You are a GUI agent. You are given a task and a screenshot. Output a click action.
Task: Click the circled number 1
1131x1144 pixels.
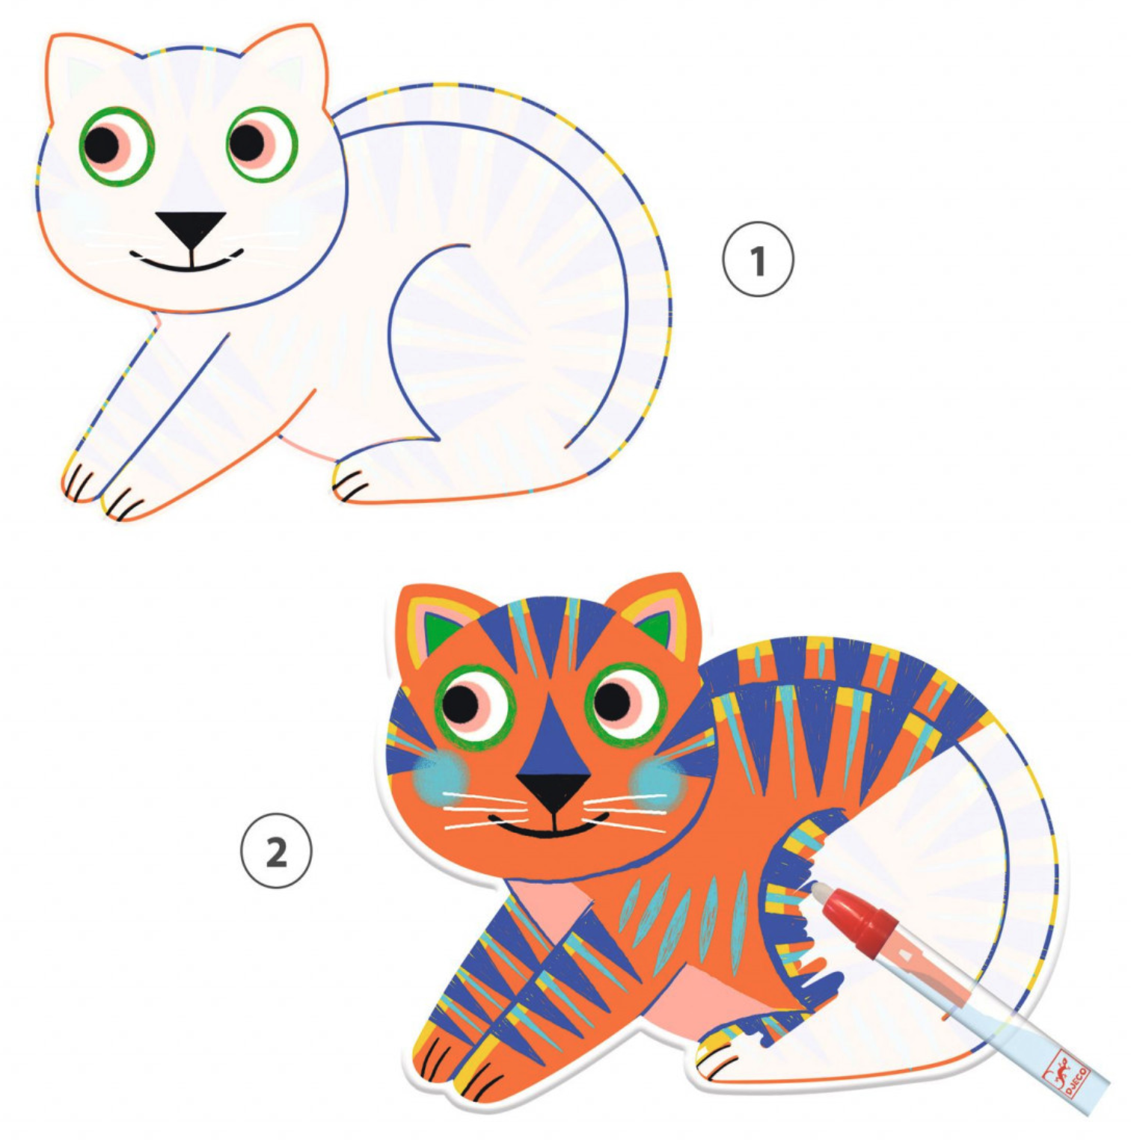[x=758, y=259]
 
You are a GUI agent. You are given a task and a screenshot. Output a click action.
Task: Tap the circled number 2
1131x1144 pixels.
[x=276, y=851]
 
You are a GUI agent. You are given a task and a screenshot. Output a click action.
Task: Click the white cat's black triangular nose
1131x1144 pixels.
[x=191, y=228]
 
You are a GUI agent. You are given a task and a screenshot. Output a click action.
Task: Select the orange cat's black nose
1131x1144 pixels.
[x=554, y=791]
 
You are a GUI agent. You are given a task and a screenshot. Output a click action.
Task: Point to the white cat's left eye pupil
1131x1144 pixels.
[x=102, y=144]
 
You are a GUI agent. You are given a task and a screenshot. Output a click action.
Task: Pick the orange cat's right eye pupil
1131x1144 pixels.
[x=613, y=700]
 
